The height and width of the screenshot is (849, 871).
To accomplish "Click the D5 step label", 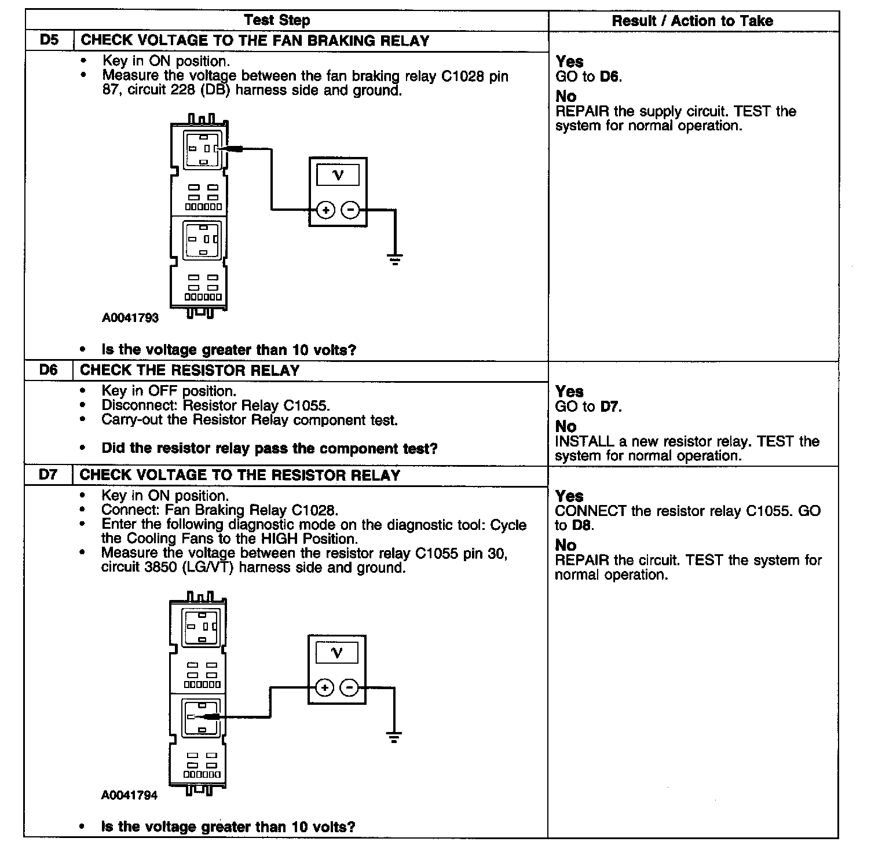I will coord(49,41).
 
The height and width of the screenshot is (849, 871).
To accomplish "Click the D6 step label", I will coord(49,370).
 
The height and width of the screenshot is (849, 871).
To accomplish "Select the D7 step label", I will coord(49,475).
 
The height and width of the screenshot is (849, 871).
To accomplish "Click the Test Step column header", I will coord(277,20).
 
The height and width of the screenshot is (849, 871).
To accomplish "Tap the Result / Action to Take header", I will coord(692,21).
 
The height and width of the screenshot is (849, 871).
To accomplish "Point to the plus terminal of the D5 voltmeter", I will coord(326,210).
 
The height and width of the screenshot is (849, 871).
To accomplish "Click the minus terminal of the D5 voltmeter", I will coord(350,210).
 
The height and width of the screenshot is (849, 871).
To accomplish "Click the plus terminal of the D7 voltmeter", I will coord(325,687).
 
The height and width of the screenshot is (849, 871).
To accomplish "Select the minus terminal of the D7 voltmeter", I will coord(349,687).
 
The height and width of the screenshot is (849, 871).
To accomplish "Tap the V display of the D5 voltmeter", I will coord(338,175).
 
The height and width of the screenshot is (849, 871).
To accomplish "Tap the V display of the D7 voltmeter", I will coord(336,653).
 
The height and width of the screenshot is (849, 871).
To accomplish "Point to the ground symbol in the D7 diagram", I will coord(394,737).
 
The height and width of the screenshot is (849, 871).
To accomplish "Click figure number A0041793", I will coord(130,318).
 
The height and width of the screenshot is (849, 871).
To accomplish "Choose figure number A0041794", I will coord(129,795).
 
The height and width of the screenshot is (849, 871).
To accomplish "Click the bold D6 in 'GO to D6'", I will coord(610,76).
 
